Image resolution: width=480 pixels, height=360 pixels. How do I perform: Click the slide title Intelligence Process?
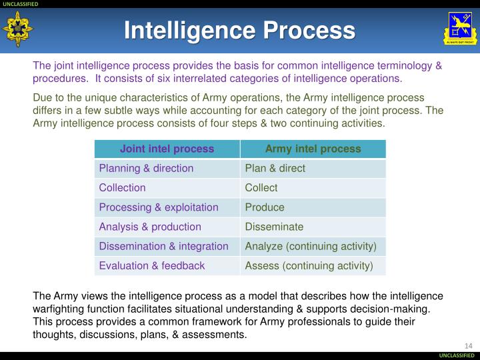tap(239, 30)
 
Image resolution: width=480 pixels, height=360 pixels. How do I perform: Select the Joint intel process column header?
tap(167, 149)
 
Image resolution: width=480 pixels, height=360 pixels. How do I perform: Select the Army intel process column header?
tap(313, 149)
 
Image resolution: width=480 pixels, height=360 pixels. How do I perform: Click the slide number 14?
tap(467, 345)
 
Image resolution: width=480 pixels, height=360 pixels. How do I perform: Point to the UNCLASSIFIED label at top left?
tap(21, 4)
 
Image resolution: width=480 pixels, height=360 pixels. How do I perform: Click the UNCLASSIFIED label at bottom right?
tap(457, 355)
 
